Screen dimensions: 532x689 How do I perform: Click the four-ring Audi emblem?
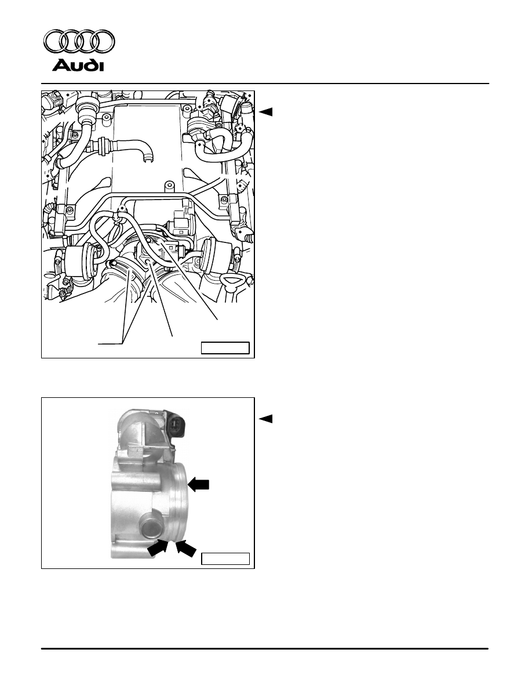pyautogui.click(x=79, y=42)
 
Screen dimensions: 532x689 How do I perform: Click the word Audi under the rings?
pyautogui.click(x=78, y=66)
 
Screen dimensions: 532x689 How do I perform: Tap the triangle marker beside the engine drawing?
pyautogui.click(x=266, y=112)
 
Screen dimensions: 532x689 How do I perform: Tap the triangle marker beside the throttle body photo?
pyautogui.click(x=266, y=419)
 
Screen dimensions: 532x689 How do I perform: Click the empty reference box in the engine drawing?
pyautogui.click(x=225, y=348)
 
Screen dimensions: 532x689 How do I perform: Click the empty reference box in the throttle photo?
pyautogui.click(x=225, y=559)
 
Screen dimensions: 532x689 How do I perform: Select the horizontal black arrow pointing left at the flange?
pyautogui.click(x=198, y=484)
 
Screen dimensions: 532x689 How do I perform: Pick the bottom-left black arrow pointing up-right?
pyautogui.click(x=158, y=547)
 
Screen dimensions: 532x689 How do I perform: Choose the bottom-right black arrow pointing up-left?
pyautogui.click(x=185, y=549)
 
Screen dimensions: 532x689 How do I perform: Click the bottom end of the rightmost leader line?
pyautogui.click(x=218, y=320)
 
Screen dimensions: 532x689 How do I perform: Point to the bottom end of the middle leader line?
pyautogui.click(x=172, y=336)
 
